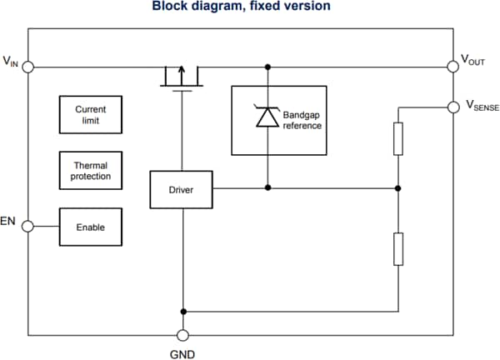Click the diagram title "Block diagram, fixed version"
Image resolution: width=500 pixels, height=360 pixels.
point(241,7)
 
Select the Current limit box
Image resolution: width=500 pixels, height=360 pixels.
point(90,115)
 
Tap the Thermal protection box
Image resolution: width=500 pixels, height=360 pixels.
point(90,171)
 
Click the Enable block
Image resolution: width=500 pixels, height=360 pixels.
point(90,227)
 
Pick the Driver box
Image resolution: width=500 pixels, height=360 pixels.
point(181,190)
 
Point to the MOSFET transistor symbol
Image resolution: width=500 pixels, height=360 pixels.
point(181,77)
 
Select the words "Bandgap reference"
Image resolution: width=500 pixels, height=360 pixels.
point(302,120)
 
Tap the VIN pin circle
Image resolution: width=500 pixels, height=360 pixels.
point(27,67)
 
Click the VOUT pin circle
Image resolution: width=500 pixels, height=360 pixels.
point(453,67)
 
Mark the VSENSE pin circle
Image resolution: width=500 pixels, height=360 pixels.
point(453,107)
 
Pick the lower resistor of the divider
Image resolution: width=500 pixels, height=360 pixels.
point(398,249)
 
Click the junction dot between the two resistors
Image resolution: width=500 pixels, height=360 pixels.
point(398,188)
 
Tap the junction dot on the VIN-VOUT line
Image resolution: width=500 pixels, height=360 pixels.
point(267,67)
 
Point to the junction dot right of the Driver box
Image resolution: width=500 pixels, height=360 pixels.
point(267,188)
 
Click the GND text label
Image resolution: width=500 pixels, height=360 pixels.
point(182,352)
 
